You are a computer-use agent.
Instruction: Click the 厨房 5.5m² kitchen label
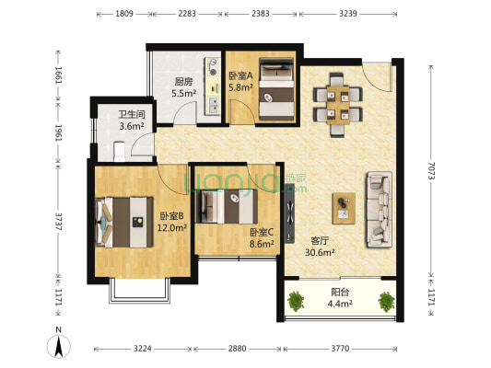click(x=181, y=87)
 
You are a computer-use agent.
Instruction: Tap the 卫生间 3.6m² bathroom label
click(x=131, y=121)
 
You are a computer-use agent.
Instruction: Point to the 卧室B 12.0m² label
click(x=171, y=221)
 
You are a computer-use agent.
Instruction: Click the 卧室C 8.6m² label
click(x=262, y=238)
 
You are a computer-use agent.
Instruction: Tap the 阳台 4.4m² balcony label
click(x=340, y=298)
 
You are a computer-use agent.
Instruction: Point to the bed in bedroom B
click(x=123, y=221)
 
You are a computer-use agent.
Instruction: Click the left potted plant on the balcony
click(x=297, y=300)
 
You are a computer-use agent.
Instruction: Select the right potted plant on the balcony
click(x=385, y=300)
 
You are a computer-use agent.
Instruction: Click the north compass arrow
click(x=58, y=345)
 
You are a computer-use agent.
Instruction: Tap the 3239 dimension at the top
click(x=349, y=15)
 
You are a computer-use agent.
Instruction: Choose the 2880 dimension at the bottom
click(x=238, y=350)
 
